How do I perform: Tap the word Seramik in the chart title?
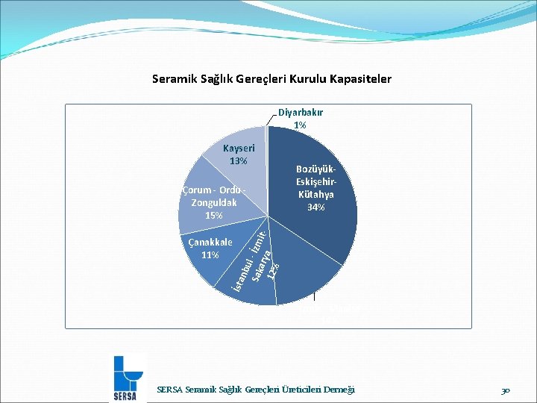(174, 78)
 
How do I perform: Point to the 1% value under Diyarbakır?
(300, 125)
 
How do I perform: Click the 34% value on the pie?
(316, 207)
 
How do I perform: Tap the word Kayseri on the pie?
(239, 149)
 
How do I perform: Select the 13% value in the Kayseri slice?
(239, 160)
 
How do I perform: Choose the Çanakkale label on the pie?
(210, 243)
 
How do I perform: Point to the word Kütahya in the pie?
(316, 194)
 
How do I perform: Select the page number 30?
(506, 390)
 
